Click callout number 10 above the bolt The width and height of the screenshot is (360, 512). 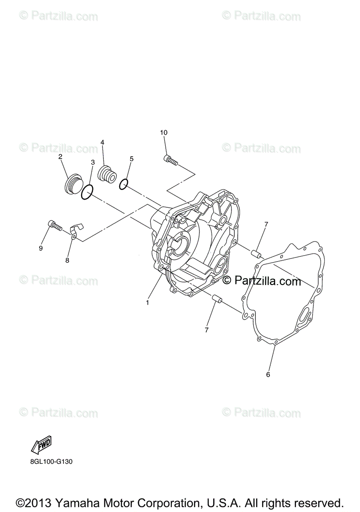coord(164,133)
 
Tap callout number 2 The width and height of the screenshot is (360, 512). coord(60,157)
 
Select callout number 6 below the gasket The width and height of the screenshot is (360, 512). coord(268,375)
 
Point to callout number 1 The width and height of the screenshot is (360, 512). coord(147,303)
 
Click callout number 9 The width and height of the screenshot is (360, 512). coord(41,248)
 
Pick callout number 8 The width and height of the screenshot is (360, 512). coord(67,260)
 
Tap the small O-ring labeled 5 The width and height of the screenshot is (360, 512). coord(123,184)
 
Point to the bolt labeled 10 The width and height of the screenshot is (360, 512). coord(170,160)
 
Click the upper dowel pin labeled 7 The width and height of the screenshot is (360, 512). coord(257,253)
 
